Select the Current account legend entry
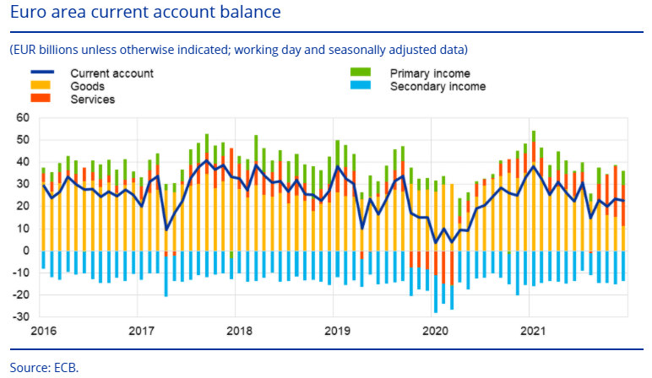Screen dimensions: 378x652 111,73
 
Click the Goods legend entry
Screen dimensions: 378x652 89,86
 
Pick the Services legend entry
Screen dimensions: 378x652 93,99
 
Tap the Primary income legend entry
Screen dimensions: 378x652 430,73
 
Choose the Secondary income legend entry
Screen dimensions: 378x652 437,86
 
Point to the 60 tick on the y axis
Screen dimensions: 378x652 23,118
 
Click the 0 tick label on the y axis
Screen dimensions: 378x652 25,251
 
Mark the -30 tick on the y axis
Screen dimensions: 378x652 20,317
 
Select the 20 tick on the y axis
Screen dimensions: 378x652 23,207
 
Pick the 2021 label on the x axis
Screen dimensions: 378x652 532,331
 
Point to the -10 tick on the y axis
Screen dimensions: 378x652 20,273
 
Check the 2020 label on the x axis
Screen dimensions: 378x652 434,331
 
